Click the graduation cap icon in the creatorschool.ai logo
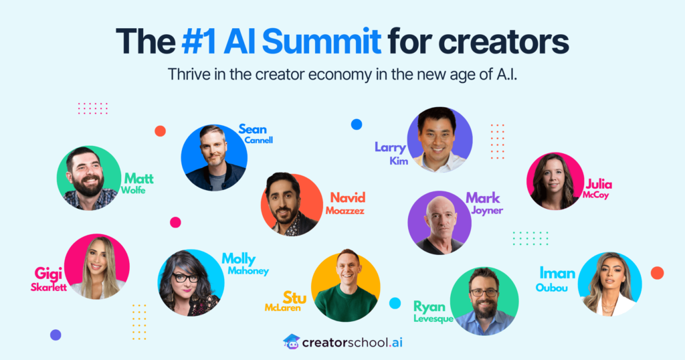tap(291, 342)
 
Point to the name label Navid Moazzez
tap(347, 203)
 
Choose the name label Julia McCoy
tap(598, 189)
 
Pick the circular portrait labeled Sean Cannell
tap(214, 158)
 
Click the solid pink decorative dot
tap(175, 222)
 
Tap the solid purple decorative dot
tap(56, 335)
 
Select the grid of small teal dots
tap(530, 238)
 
